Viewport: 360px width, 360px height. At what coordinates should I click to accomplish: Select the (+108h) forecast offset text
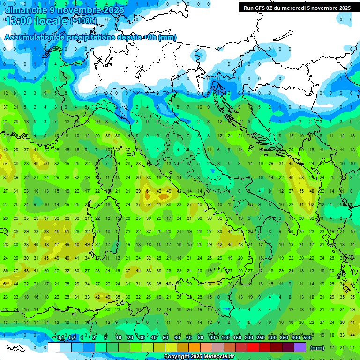(83, 21)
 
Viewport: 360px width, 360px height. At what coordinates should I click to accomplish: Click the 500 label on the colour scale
(307, 338)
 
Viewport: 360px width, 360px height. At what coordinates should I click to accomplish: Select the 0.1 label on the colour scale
(60, 338)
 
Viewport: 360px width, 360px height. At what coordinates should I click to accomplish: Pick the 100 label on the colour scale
(225, 338)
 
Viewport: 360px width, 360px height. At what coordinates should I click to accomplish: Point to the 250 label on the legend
(260, 338)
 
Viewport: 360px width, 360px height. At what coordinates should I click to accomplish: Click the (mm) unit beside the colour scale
(317, 348)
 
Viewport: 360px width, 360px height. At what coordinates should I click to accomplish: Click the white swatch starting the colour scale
(54, 347)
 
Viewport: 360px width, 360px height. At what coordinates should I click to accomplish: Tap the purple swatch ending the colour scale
(300, 347)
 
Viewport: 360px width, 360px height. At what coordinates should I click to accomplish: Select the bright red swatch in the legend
(253, 347)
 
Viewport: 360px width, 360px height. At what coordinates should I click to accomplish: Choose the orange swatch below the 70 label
(195, 347)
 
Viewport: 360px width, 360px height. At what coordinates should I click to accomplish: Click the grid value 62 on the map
(311, 204)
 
